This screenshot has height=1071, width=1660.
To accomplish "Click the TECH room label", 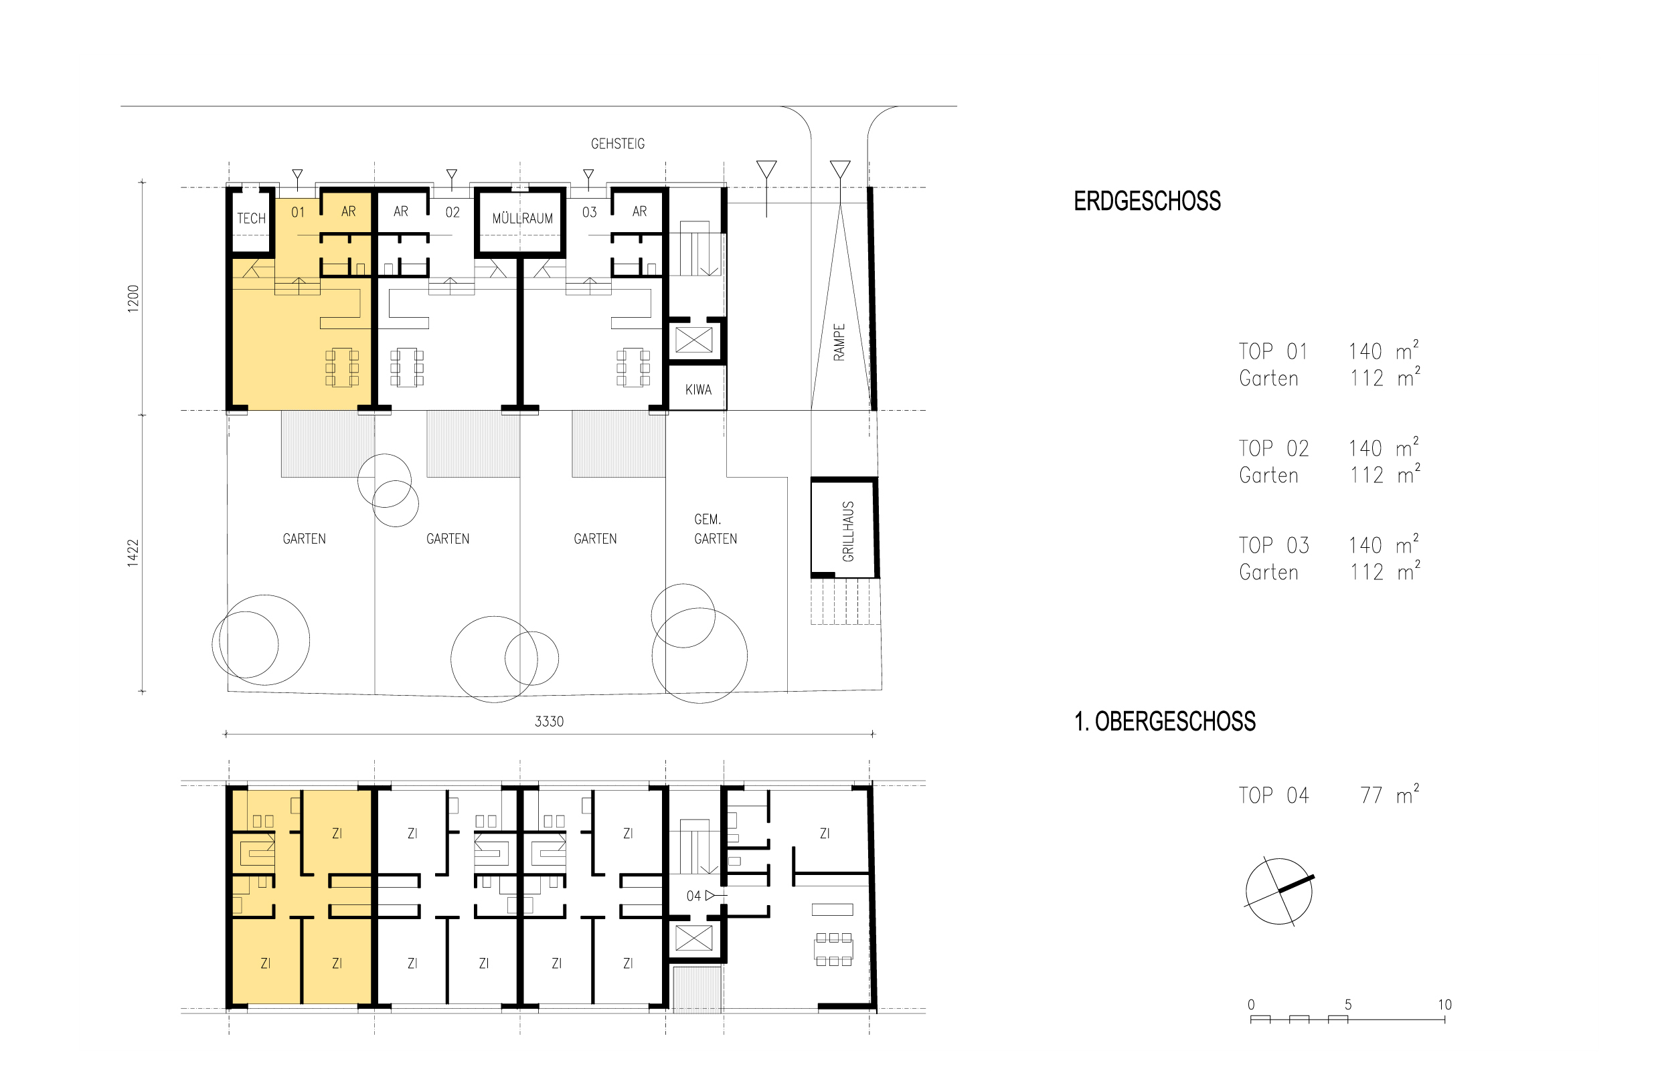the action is pyautogui.click(x=251, y=218).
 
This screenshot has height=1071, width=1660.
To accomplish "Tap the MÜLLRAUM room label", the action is pyautogui.click(x=523, y=218).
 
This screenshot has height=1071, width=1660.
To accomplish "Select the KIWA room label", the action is pyautogui.click(x=698, y=390).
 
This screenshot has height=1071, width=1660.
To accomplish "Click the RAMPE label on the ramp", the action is pyautogui.click(x=839, y=342).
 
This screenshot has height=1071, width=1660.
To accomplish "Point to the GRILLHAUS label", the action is pyautogui.click(x=848, y=531).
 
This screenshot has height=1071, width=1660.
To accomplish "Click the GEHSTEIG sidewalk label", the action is pyautogui.click(x=618, y=144).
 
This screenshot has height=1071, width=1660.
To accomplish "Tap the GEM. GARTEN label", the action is pyautogui.click(x=715, y=529).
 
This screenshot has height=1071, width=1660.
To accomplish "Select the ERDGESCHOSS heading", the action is pyautogui.click(x=1147, y=201).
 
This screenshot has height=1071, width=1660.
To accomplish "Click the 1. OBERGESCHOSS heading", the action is pyautogui.click(x=1165, y=722).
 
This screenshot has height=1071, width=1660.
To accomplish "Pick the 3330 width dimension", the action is pyautogui.click(x=549, y=722).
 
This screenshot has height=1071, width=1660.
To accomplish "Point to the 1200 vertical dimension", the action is pyautogui.click(x=133, y=299).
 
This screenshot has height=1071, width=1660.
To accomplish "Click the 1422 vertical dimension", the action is pyautogui.click(x=133, y=554).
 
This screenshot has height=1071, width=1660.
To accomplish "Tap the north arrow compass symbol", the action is pyautogui.click(x=1278, y=891).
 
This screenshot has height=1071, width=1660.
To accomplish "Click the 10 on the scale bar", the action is pyautogui.click(x=1444, y=1005).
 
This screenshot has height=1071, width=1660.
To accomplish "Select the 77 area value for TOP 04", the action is pyautogui.click(x=1371, y=795).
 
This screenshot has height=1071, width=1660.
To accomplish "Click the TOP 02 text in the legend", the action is pyautogui.click(x=1274, y=449).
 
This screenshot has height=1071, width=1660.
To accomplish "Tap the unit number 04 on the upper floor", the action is pyautogui.click(x=693, y=896).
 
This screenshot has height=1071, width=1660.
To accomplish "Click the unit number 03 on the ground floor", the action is pyautogui.click(x=589, y=213).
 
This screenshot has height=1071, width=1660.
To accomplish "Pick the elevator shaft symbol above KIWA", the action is pyautogui.click(x=694, y=340).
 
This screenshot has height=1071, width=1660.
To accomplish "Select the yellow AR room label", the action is pyautogui.click(x=349, y=211).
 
